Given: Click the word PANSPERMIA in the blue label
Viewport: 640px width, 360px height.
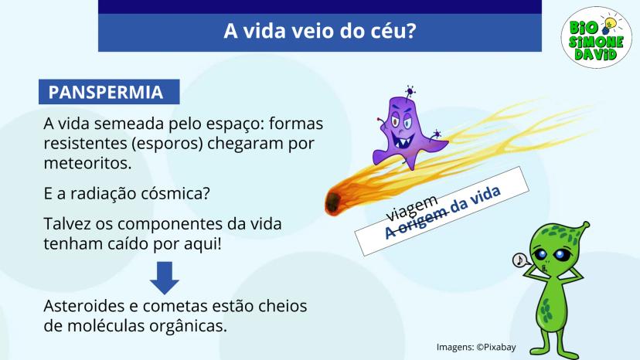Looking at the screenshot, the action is (x=106, y=92).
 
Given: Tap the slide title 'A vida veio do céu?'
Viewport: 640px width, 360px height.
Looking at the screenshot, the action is (x=319, y=31).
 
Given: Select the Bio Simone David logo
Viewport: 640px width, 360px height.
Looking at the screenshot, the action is (x=596, y=37).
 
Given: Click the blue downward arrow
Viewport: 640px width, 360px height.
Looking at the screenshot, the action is (x=165, y=277).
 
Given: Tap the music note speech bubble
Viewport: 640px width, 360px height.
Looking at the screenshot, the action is (x=519, y=260).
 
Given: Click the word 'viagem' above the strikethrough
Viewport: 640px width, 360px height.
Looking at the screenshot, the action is (x=412, y=207).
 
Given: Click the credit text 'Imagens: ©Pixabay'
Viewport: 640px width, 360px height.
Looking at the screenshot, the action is (x=476, y=347).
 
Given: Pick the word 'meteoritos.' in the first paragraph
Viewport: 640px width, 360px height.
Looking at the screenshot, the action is (x=88, y=163).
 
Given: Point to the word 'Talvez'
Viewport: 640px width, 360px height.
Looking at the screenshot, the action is (x=66, y=224).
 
